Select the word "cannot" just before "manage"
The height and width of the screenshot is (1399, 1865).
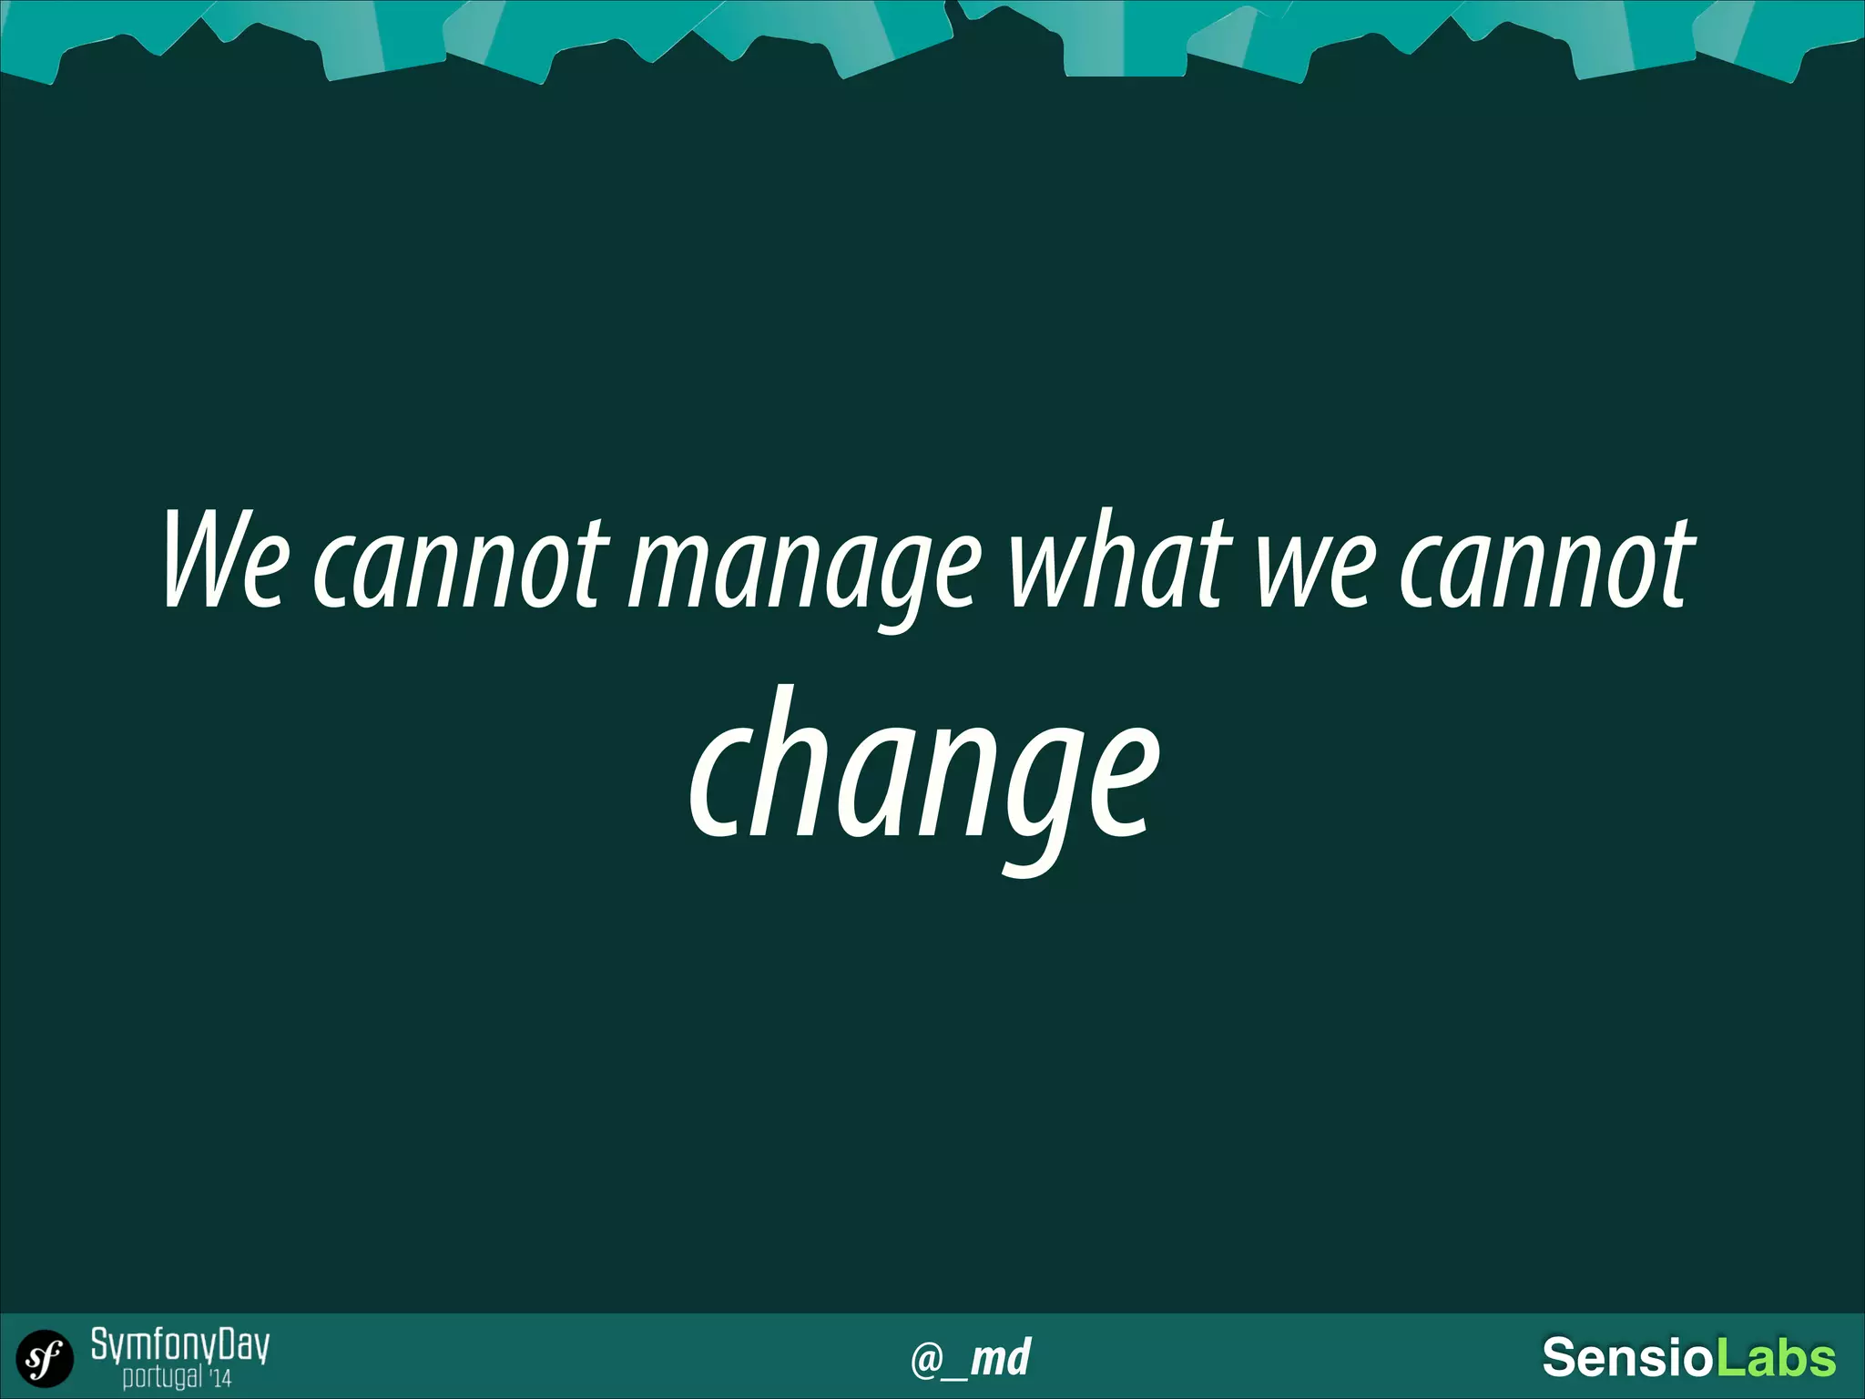point(461,565)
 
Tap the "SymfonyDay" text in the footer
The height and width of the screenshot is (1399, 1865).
point(180,1345)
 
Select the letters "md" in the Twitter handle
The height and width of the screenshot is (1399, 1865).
point(1000,1358)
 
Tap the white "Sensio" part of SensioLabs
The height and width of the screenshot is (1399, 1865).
point(1627,1358)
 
